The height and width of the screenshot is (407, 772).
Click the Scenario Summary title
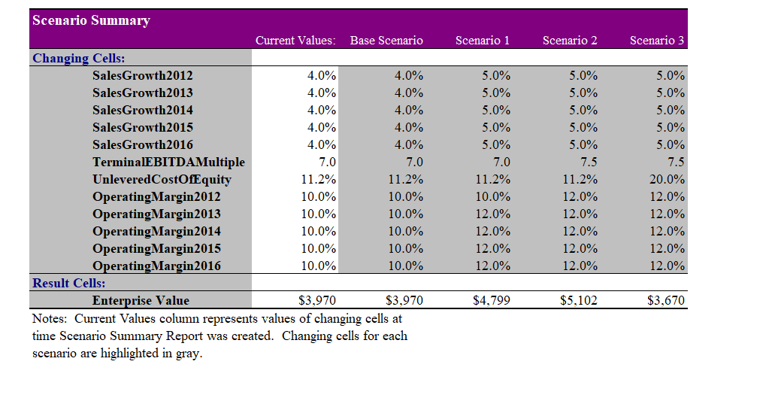tap(91, 20)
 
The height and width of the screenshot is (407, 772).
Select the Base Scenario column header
tap(386, 41)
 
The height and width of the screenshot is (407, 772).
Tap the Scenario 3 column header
tap(656, 41)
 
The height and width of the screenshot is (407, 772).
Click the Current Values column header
tap(295, 41)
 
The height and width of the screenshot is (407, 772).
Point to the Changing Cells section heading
tap(78, 58)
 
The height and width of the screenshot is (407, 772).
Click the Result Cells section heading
tap(68, 283)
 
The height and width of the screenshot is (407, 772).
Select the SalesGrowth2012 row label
tap(142, 75)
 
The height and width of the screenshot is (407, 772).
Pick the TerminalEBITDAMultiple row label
tap(168, 162)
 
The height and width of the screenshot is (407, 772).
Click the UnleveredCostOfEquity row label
tap(162, 179)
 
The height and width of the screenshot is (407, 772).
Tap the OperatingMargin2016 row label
tap(156, 266)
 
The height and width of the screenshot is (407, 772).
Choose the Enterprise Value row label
tap(141, 300)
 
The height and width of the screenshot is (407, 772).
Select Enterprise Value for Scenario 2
tap(579, 300)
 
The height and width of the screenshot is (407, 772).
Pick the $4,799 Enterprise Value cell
tap(492, 300)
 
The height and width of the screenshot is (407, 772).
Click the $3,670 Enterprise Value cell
tap(666, 300)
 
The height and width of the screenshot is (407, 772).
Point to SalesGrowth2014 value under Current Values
tap(322, 110)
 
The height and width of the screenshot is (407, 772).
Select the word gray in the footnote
tap(189, 353)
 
